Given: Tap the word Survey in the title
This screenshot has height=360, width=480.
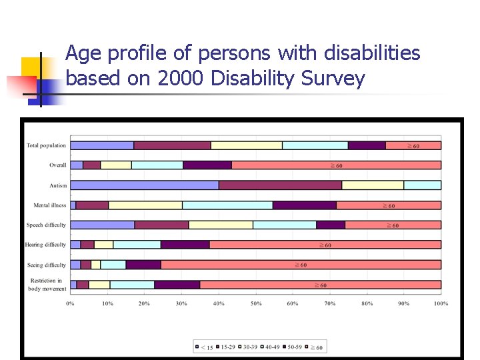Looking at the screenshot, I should coord(333,79).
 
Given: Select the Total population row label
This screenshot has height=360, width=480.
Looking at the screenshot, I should coord(46,145).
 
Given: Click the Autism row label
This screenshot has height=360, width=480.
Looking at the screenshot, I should coord(58,185).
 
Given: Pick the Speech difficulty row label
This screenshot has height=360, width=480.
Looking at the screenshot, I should coord(46,225).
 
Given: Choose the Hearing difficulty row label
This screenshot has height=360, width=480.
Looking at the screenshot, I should coord(46,245).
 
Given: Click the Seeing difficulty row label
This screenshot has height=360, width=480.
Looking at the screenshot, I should coord(47,265).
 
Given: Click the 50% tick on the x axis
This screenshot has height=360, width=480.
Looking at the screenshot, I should coord(256,303).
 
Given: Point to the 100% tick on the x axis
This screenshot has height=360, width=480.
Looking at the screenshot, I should coord(441,303).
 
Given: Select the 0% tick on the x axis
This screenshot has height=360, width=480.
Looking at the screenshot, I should coord(70,303).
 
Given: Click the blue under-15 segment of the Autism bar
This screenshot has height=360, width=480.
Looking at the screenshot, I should coord(144,185).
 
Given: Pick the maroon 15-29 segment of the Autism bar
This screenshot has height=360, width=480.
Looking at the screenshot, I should coord(280,185).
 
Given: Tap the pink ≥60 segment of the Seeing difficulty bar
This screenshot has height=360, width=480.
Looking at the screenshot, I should coord(300,265).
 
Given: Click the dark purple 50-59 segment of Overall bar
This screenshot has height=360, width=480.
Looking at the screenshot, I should coord(207,165).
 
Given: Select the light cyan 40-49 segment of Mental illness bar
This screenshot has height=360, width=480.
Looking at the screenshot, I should coord(227,205).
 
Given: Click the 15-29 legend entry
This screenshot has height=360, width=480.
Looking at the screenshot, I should coord(226,347).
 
